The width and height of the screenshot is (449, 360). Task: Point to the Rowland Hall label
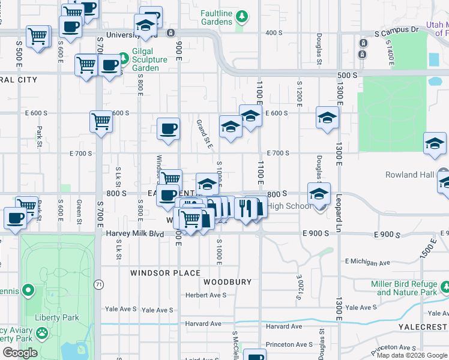tap(410, 175)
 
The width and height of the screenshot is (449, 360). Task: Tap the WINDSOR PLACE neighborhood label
tap(166, 273)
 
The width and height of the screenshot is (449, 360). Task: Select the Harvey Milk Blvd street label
tap(135, 233)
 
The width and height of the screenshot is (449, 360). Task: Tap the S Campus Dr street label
tap(396, 29)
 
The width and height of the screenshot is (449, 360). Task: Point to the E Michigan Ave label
tap(368, 262)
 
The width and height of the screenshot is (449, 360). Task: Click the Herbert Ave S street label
tap(205, 295)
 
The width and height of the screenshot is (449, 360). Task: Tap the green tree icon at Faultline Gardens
tap(241, 15)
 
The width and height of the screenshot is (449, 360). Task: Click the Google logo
tap(19, 353)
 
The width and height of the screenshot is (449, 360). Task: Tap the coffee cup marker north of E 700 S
tap(169, 129)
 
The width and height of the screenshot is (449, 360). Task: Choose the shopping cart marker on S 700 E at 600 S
tap(101, 122)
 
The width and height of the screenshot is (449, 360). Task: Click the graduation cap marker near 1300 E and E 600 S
tap(327, 118)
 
